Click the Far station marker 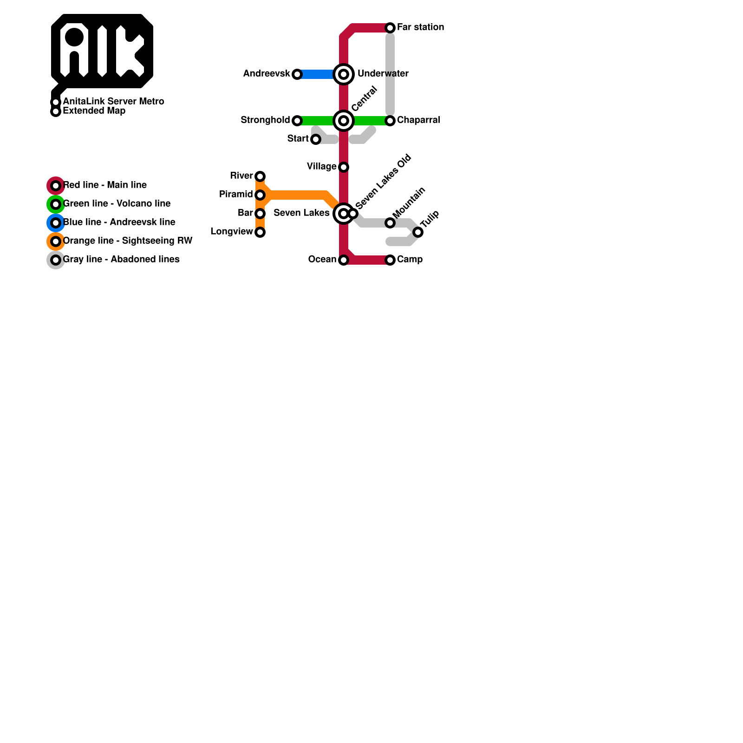point(390,28)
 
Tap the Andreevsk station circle point(297,74)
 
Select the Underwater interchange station point(344,74)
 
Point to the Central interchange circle point(344,121)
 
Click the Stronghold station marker point(297,121)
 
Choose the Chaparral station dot point(390,121)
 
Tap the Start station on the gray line point(316,139)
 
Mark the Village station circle point(344,167)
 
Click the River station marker point(260,176)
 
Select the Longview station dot point(260,232)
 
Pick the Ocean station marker point(344,260)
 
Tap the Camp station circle point(390,260)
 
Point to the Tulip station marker point(418,232)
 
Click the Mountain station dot point(390,223)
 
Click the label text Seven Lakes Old point(383,182)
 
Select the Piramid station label point(236,194)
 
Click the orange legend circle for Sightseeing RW point(56,241)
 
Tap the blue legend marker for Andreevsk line point(56,223)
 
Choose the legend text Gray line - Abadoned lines point(121,259)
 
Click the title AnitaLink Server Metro point(113,101)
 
